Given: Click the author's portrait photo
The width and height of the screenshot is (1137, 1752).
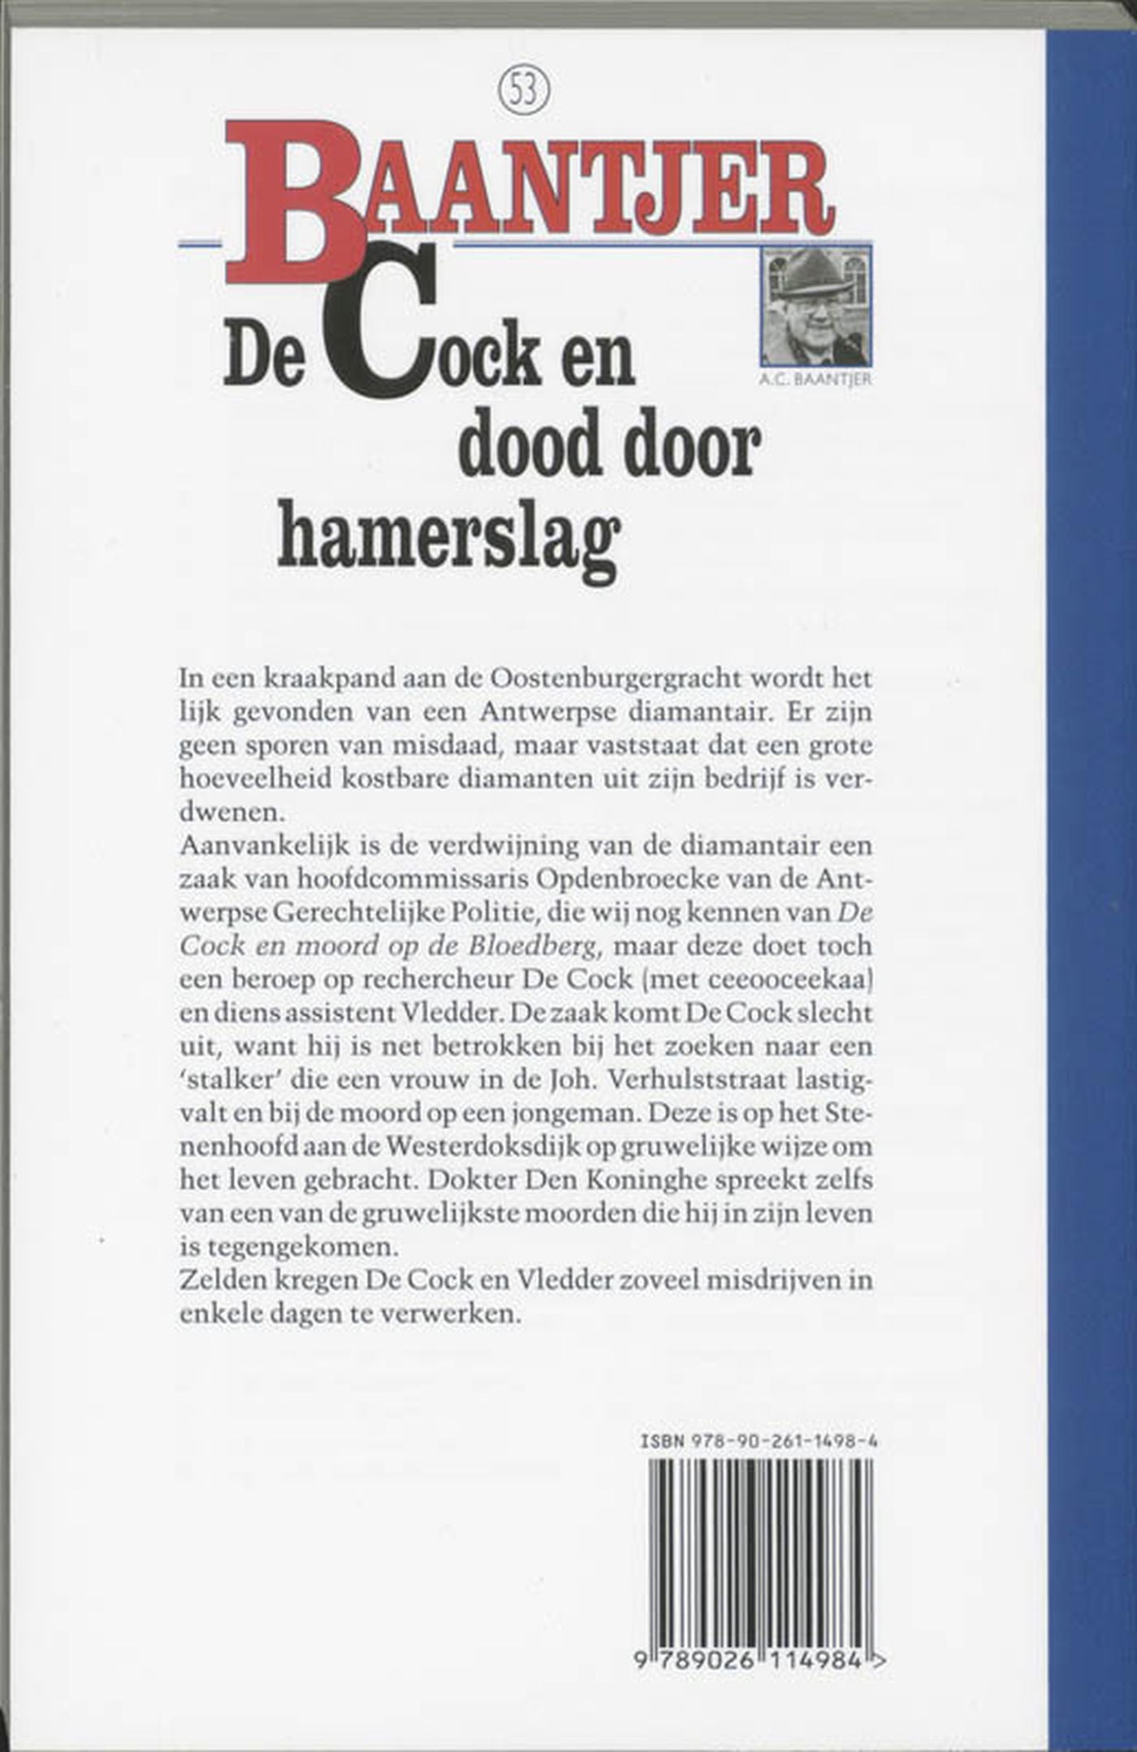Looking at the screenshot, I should click(815, 306).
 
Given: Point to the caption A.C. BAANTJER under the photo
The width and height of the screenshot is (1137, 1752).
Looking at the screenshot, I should click(815, 378).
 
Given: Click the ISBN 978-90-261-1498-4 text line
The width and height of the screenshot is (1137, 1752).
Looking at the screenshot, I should click(760, 1440).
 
